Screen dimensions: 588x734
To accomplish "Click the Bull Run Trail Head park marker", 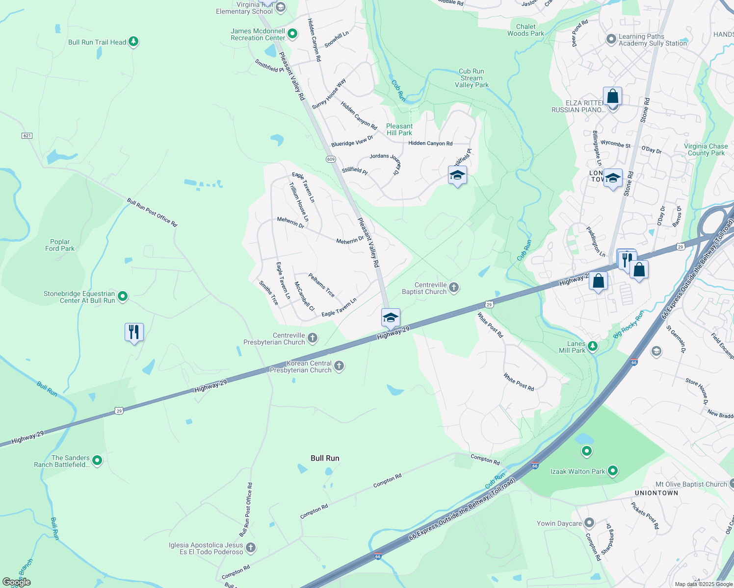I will pos(133,42).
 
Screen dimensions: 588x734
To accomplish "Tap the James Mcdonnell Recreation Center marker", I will pos(292,34).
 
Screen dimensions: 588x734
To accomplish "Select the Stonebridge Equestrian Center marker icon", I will pos(123,296).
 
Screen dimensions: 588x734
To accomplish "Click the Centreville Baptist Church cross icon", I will pos(454,288).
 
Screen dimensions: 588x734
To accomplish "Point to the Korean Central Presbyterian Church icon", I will pos(339,366).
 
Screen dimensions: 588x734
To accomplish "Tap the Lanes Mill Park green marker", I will pos(593,346).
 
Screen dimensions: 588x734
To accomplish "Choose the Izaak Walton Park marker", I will pos(612,471).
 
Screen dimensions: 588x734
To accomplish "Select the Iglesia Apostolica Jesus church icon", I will pos(251,547).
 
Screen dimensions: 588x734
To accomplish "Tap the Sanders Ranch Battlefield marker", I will pos(97,460).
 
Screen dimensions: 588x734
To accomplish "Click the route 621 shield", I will pos(27,135).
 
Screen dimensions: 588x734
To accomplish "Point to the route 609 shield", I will pos(331,159).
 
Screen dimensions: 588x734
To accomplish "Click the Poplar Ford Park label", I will pos(60,245).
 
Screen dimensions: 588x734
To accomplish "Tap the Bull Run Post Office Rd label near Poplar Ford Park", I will pos(152,212).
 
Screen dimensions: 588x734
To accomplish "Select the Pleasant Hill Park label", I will pos(399,129).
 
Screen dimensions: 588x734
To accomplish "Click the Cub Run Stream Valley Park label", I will pos(472,78).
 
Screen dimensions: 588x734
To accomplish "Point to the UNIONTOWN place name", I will pos(656,493).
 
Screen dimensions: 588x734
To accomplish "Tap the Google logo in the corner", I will pos(17,582).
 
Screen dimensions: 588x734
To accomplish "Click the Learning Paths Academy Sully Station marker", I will pos(611,39).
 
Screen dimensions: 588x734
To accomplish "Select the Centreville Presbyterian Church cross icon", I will pos(313,338).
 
